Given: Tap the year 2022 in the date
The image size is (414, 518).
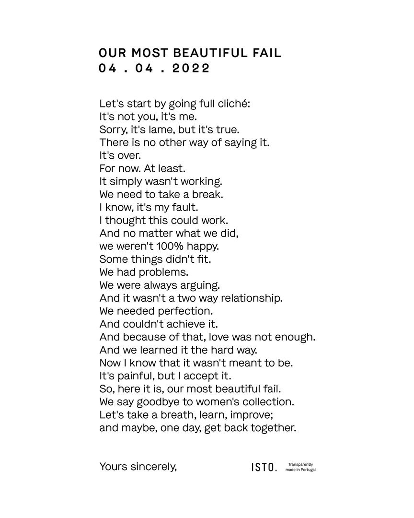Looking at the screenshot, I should [191, 68].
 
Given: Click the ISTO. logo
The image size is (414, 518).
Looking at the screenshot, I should [264, 467].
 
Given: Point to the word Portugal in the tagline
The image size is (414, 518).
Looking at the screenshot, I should [307, 470].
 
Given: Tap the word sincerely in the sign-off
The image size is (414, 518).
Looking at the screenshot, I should [153, 466].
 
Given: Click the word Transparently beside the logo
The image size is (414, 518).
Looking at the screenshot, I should [301, 464].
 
